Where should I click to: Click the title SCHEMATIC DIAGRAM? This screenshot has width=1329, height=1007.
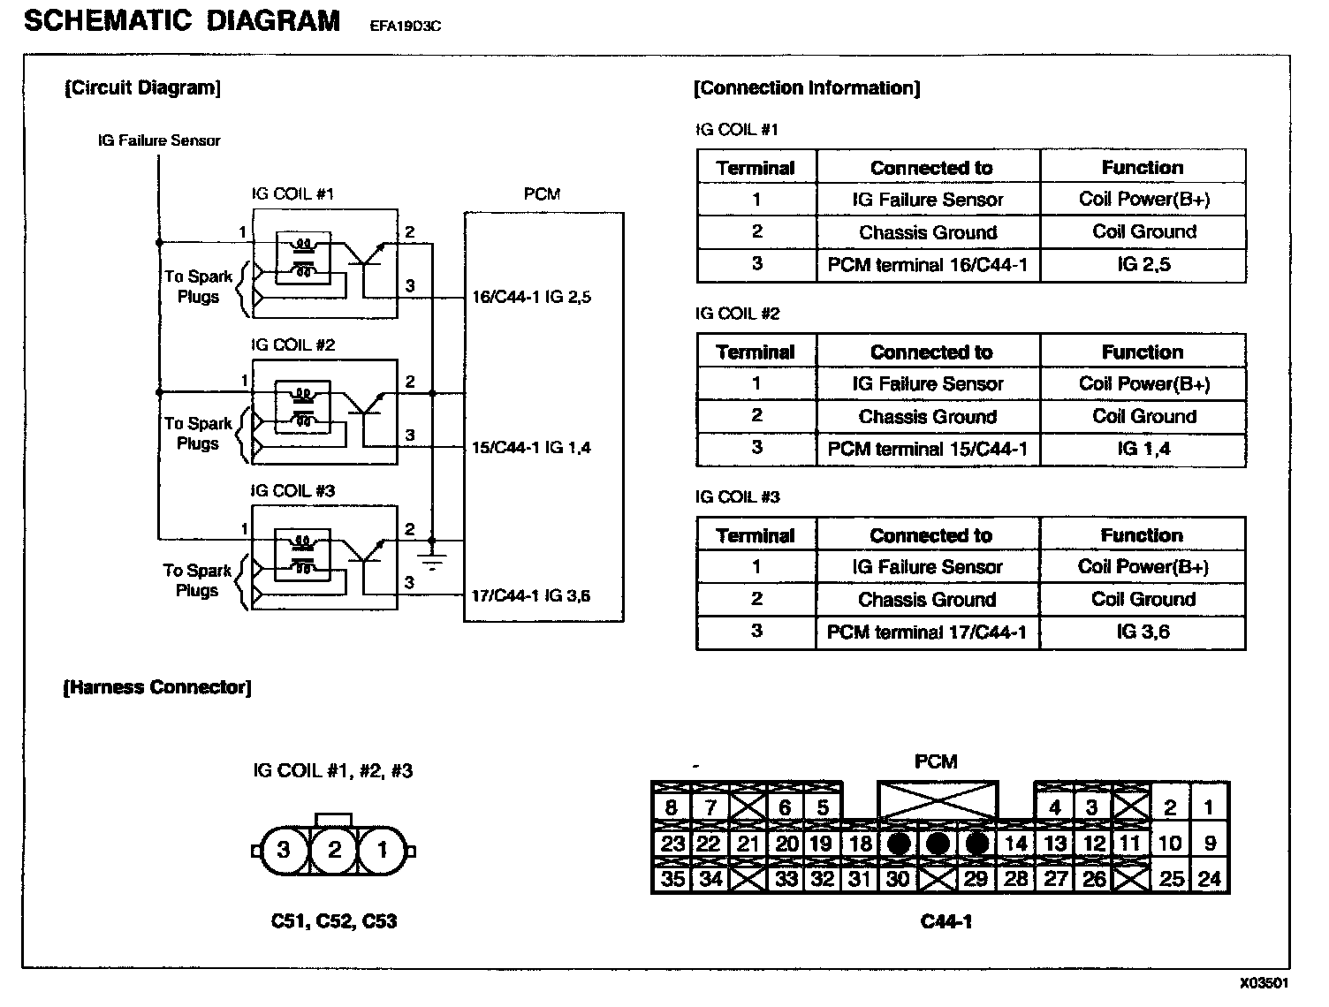pos(182,20)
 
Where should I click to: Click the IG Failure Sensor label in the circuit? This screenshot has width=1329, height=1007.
pos(159,140)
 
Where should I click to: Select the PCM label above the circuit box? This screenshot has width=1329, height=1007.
pos(542,194)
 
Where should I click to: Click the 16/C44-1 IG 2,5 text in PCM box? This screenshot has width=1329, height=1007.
pos(530,298)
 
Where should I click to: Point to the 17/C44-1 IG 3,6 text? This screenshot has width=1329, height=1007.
pos(530,596)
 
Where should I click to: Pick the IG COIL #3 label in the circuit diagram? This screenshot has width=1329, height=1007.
pos(293,491)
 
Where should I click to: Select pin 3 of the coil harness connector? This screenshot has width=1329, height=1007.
pos(284,850)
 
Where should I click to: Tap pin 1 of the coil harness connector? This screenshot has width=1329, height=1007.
pos(382,850)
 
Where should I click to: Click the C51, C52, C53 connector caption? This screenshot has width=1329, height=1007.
pos(333,921)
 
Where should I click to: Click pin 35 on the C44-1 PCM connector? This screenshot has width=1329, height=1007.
pos(672,879)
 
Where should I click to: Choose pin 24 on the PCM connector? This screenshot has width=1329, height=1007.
pos(1209,879)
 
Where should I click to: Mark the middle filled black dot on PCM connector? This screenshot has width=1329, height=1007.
pos(938,844)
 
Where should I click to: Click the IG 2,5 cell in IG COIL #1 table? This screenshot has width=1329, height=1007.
pos(1143,265)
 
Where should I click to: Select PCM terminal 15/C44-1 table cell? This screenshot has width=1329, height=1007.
pos(928,449)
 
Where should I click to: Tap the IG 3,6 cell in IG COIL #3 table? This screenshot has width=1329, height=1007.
pos(1143,632)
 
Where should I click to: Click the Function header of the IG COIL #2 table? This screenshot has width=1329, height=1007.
pos(1143,352)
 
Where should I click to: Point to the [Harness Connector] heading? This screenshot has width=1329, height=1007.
pos(157,687)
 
